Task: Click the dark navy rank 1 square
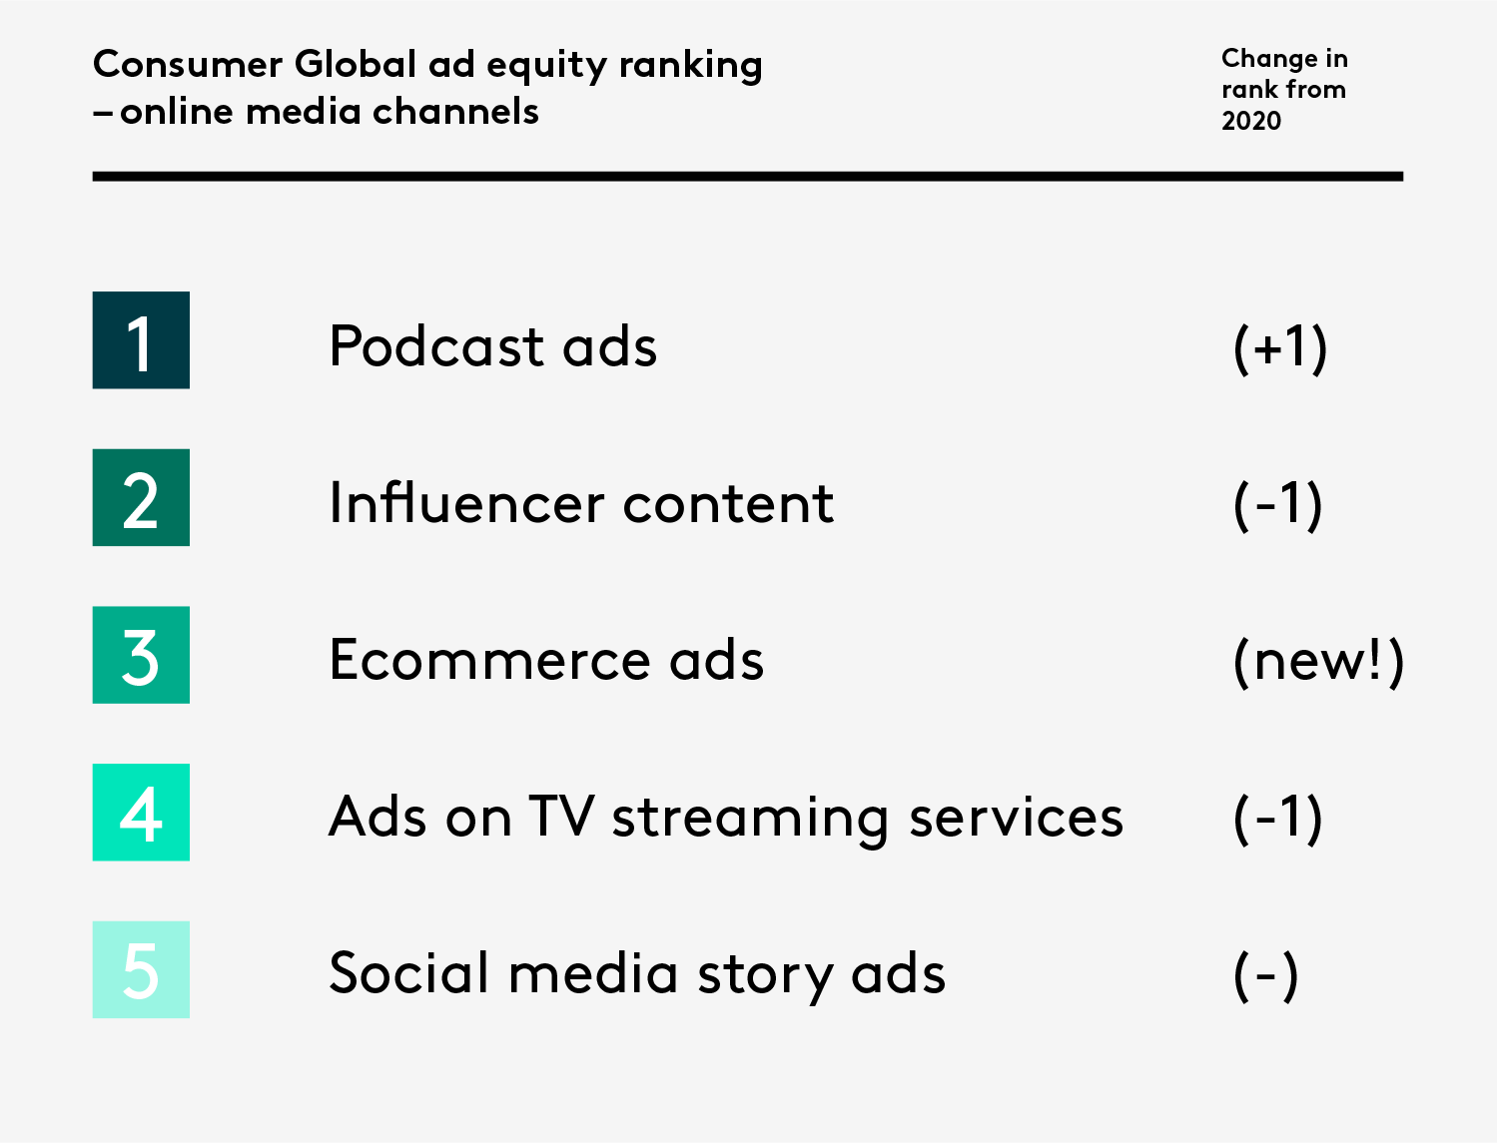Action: click(x=141, y=340)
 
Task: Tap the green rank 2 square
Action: click(x=141, y=497)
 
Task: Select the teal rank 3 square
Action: click(x=141, y=655)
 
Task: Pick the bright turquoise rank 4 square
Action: click(x=141, y=812)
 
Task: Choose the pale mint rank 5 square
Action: click(x=141, y=969)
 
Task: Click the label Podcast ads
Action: click(x=492, y=346)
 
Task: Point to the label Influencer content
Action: click(x=580, y=503)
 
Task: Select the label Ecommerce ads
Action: click(x=546, y=660)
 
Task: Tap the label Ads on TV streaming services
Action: click(x=726, y=818)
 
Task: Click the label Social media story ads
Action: click(x=637, y=974)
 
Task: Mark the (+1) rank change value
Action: click(x=1280, y=347)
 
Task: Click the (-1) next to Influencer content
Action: click(x=1278, y=504)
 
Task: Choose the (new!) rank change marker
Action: click(x=1318, y=661)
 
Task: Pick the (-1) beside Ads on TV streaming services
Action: click(x=1278, y=818)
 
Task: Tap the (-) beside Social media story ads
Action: click(x=1265, y=975)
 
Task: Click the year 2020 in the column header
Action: click(x=1251, y=121)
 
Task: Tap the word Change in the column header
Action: click(x=1269, y=59)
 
